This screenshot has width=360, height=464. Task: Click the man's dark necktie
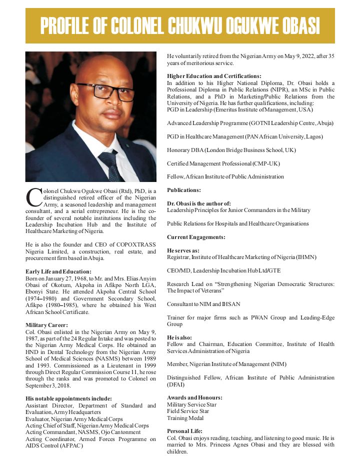(x=110, y=165)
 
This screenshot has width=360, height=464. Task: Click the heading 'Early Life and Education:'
(x=58, y=271)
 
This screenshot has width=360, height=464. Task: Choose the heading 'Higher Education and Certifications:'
(x=214, y=76)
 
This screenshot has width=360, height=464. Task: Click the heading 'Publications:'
(x=184, y=190)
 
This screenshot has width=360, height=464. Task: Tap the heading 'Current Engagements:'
(x=196, y=236)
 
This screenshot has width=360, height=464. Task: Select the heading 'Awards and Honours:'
(x=194, y=397)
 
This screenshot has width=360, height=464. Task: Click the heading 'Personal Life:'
(x=184, y=431)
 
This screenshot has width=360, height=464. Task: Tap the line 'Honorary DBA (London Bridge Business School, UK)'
(x=231, y=149)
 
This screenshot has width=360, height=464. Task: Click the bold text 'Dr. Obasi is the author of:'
(x=199, y=203)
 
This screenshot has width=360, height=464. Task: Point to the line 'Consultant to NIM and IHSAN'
(x=204, y=304)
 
